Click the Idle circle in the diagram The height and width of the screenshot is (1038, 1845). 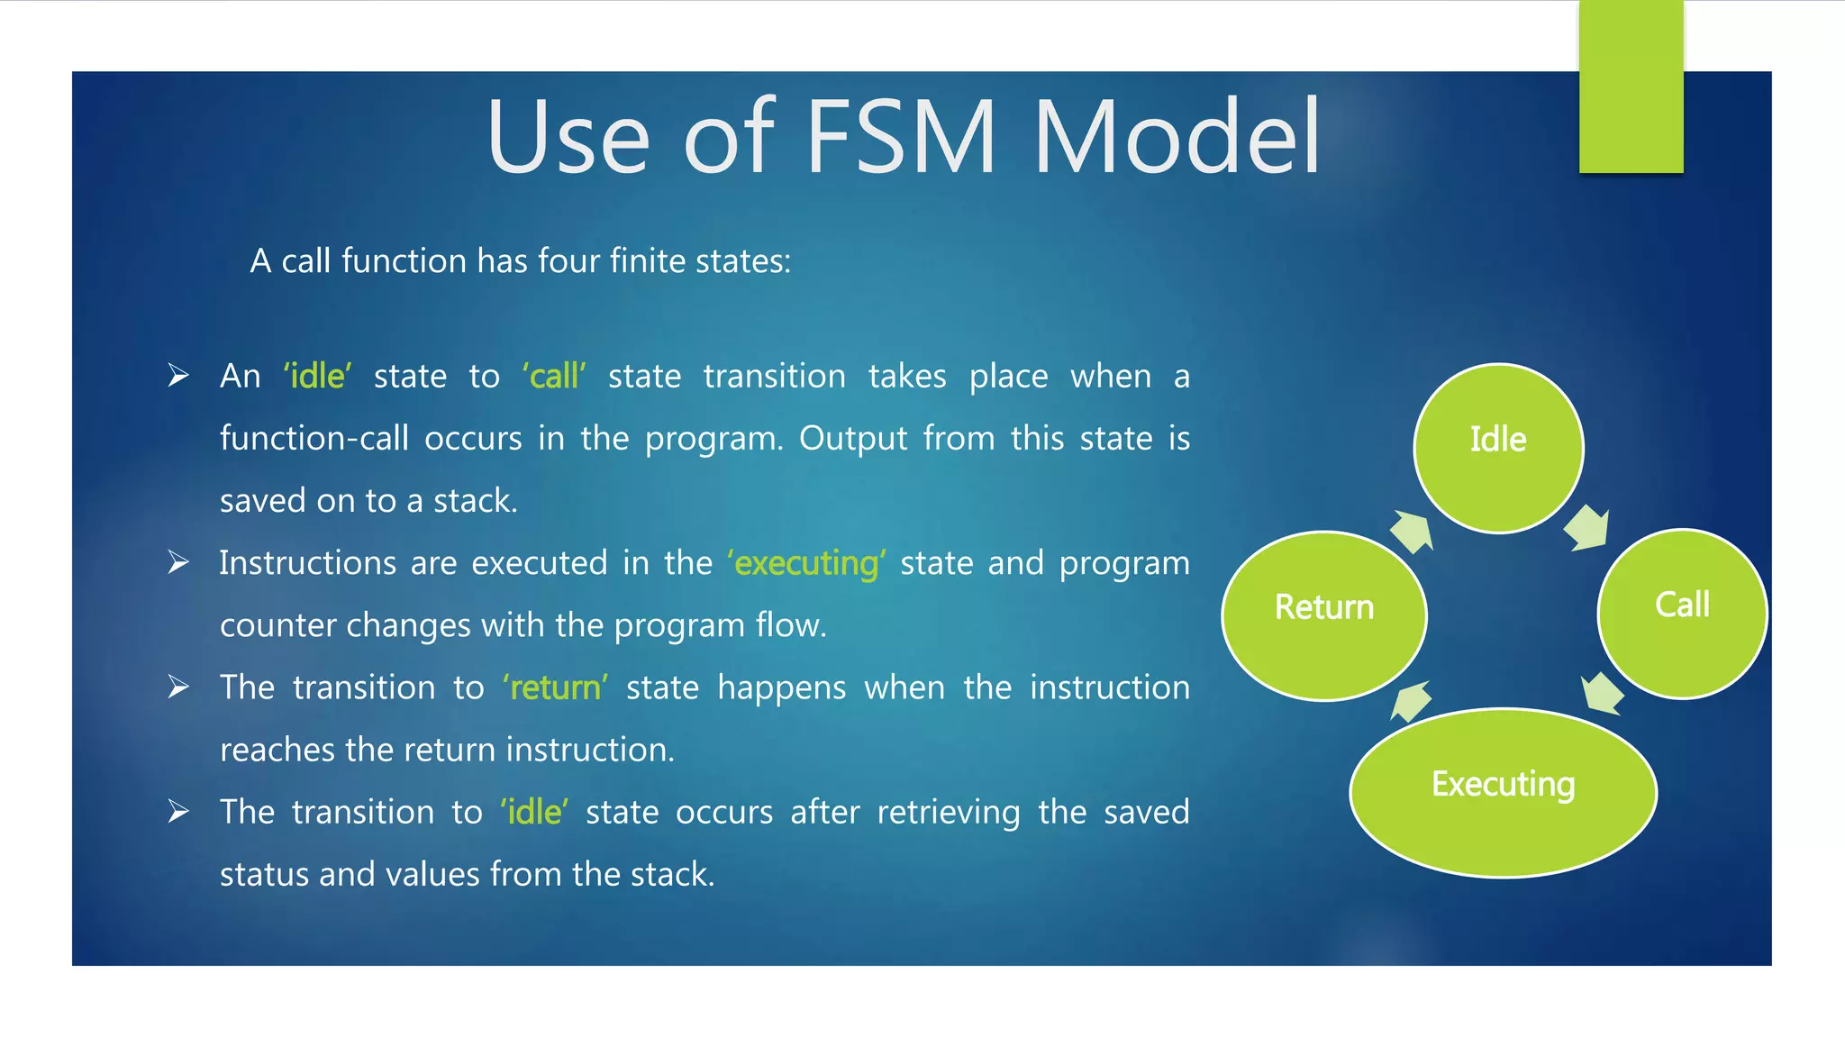tap(1498, 448)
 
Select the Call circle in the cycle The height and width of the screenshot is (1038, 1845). tap(1682, 613)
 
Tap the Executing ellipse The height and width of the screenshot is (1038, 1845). tap(1503, 792)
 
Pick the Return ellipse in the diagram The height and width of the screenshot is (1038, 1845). tap(1323, 615)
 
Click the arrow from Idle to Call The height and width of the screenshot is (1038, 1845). tap(1587, 528)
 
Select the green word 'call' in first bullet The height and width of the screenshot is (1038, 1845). tap(554, 376)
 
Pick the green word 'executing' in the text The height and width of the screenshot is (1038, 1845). tap(806, 563)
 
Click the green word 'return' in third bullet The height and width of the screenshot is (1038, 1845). tap(555, 687)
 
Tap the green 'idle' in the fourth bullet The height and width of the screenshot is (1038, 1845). tap(534, 812)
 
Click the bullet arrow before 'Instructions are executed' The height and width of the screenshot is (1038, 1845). tap(178, 563)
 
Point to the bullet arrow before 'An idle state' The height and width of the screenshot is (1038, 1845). tap(178, 376)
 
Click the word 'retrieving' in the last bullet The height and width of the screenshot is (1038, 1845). tap(948, 812)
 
